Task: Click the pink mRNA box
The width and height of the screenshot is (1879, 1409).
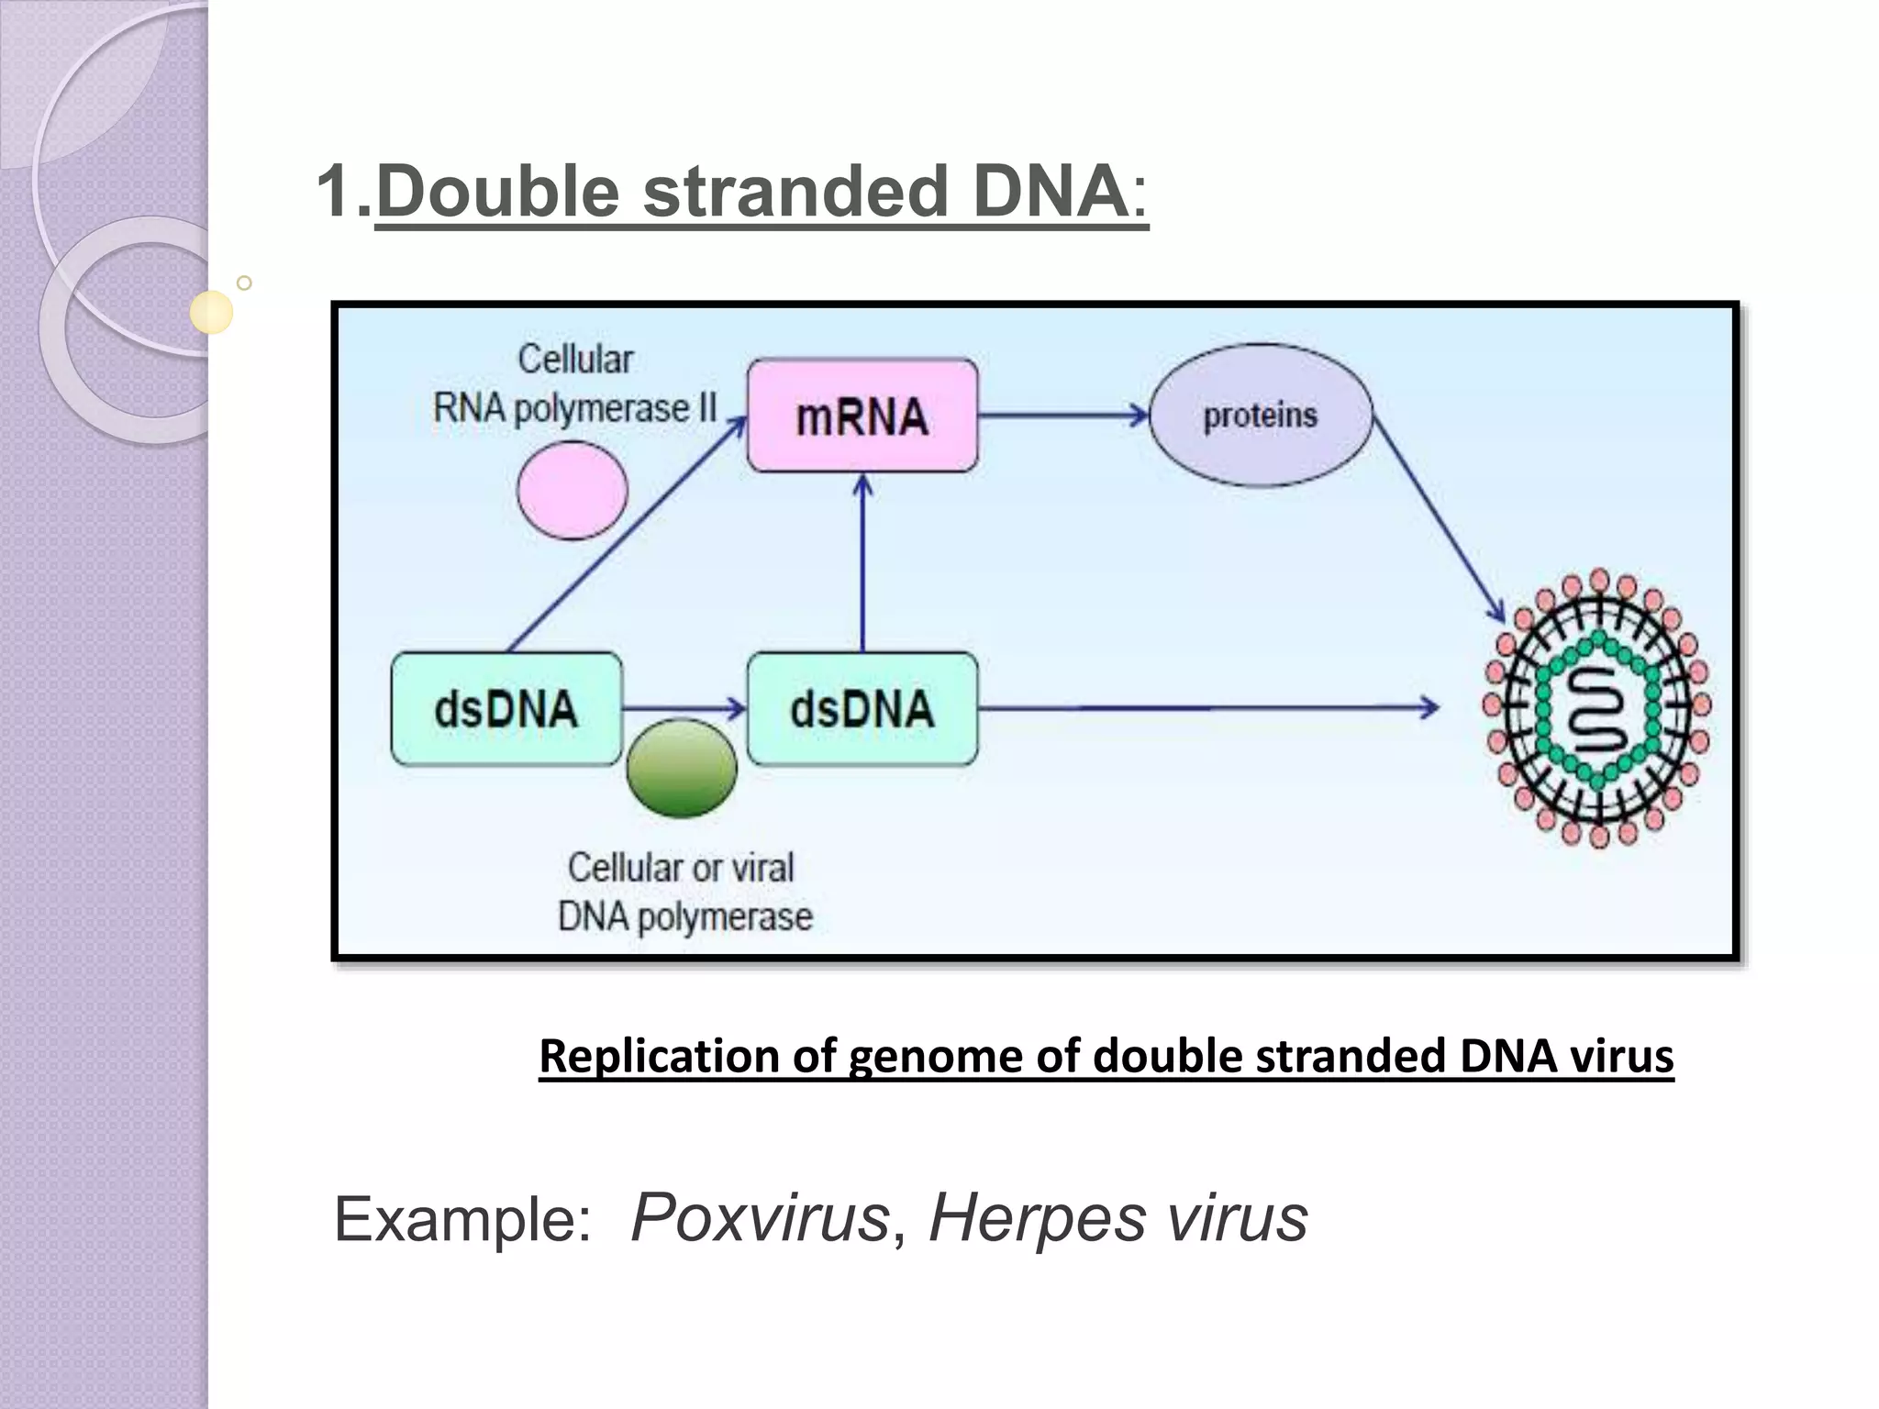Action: (x=862, y=416)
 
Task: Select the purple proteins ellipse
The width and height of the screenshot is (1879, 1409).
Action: (x=1261, y=416)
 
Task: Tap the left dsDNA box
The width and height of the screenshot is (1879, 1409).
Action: (x=506, y=709)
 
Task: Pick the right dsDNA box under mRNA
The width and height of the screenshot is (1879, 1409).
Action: (x=862, y=709)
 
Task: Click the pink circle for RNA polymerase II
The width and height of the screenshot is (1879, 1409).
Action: (x=573, y=490)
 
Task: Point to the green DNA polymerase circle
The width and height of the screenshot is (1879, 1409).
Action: (x=682, y=768)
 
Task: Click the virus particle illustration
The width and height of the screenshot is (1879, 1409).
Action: (x=1597, y=707)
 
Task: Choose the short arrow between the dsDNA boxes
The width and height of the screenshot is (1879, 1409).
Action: (x=684, y=708)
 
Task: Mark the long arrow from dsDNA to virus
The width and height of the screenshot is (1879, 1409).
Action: (x=1207, y=708)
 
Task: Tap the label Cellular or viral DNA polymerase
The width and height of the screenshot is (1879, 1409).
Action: (x=684, y=892)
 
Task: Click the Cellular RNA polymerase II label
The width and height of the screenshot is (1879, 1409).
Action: (x=575, y=384)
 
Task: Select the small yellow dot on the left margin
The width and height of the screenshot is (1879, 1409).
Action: (x=212, y=312)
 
